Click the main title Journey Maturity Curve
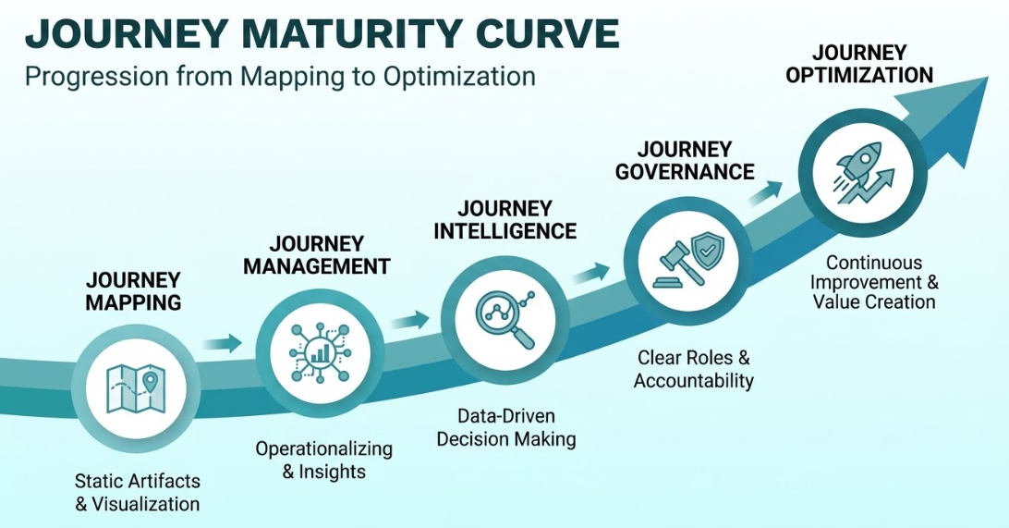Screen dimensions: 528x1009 click(x=322, y=33)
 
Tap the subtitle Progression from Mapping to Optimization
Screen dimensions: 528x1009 click(x=279, y=76)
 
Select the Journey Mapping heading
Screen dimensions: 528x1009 click(x=134, y=290)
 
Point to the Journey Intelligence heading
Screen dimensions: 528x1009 click(x=504, y=219)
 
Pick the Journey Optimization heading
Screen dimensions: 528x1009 click(x=858, y=64)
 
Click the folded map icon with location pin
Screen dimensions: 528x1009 click(x=135, y=387)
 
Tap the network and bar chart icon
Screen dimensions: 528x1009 click(x=313, y=352)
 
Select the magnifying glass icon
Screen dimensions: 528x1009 click(x=499, y=316)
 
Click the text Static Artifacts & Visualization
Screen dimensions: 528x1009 click(x=138, y=493)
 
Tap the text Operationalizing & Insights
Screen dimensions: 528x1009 click(x=323, y=460)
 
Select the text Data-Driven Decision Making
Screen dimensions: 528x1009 click(x=506, y=427)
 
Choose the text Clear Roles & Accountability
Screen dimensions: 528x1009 click(x=694, y=369)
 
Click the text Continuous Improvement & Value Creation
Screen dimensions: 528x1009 click(x=874, y=282)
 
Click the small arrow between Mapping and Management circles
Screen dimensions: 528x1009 click(x=222, y=344)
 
